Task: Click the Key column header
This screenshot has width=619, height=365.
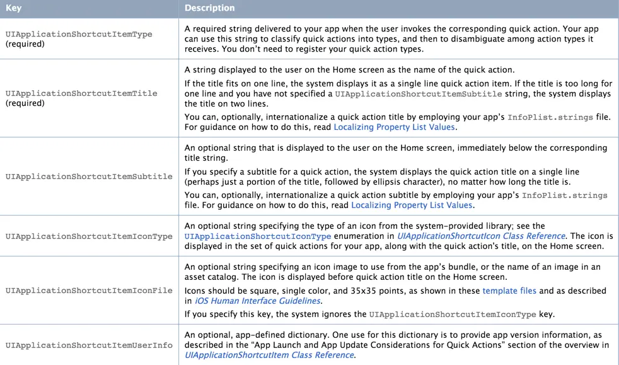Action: [x=13, y=8]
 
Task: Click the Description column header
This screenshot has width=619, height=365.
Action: [x=209, y=8]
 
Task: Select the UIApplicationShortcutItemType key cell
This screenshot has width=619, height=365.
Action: [x=79, y=34]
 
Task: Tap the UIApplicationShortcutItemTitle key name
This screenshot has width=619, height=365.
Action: [x=81, y=93]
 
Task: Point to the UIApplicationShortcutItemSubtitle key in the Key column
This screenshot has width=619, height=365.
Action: [x=89, y=177]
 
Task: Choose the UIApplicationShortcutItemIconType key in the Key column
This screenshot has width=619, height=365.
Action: [x=89, y=236]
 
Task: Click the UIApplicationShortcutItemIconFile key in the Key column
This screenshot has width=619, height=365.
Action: [x=89, y=291]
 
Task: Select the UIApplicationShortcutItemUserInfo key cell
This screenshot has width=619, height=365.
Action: [x=89, y=345]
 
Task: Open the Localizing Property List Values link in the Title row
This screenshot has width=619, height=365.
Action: [x=394, y=127]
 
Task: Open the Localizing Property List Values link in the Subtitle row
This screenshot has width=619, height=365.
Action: [x=412, y=205]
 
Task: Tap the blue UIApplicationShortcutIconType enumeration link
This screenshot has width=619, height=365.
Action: [x=258, y=236]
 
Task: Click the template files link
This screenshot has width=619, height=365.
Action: [x=509, y=291]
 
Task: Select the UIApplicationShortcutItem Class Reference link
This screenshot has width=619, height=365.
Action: [x=269, y=355]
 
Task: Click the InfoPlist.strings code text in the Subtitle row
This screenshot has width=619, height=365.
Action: [x=565, y=195]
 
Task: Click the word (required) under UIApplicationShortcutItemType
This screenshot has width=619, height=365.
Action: [x=25, y=44]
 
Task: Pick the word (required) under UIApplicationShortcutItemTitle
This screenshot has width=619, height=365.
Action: [x=25, y=103]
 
